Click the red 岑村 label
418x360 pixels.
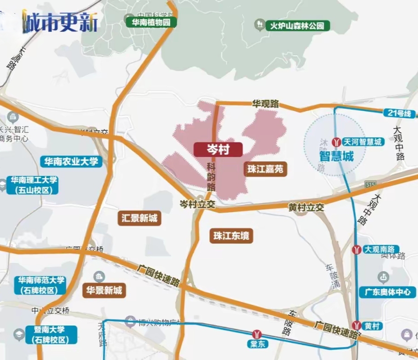tap(218, 150)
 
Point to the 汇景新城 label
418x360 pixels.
tap(140, 218)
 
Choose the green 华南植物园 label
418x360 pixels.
tap(151, 22)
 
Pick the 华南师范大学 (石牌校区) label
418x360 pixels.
tap(42, 285)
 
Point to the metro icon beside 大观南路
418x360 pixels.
tap(357, 249)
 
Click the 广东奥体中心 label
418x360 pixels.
tap(387, 292)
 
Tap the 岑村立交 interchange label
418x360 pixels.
tap(197, 204)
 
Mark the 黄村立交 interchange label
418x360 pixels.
tap(306, 207)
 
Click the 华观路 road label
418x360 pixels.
tap(265, 104)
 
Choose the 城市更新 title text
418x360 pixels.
tap(60, 23)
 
